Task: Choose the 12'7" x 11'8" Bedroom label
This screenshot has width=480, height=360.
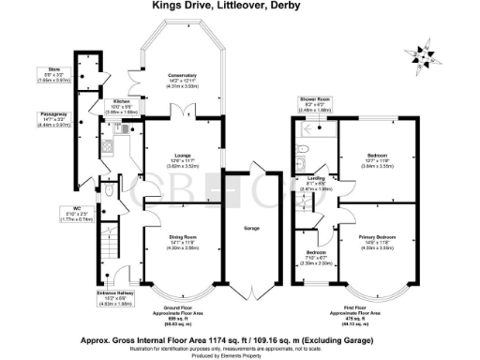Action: point(374,160)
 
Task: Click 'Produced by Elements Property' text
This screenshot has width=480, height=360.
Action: point(240,355)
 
